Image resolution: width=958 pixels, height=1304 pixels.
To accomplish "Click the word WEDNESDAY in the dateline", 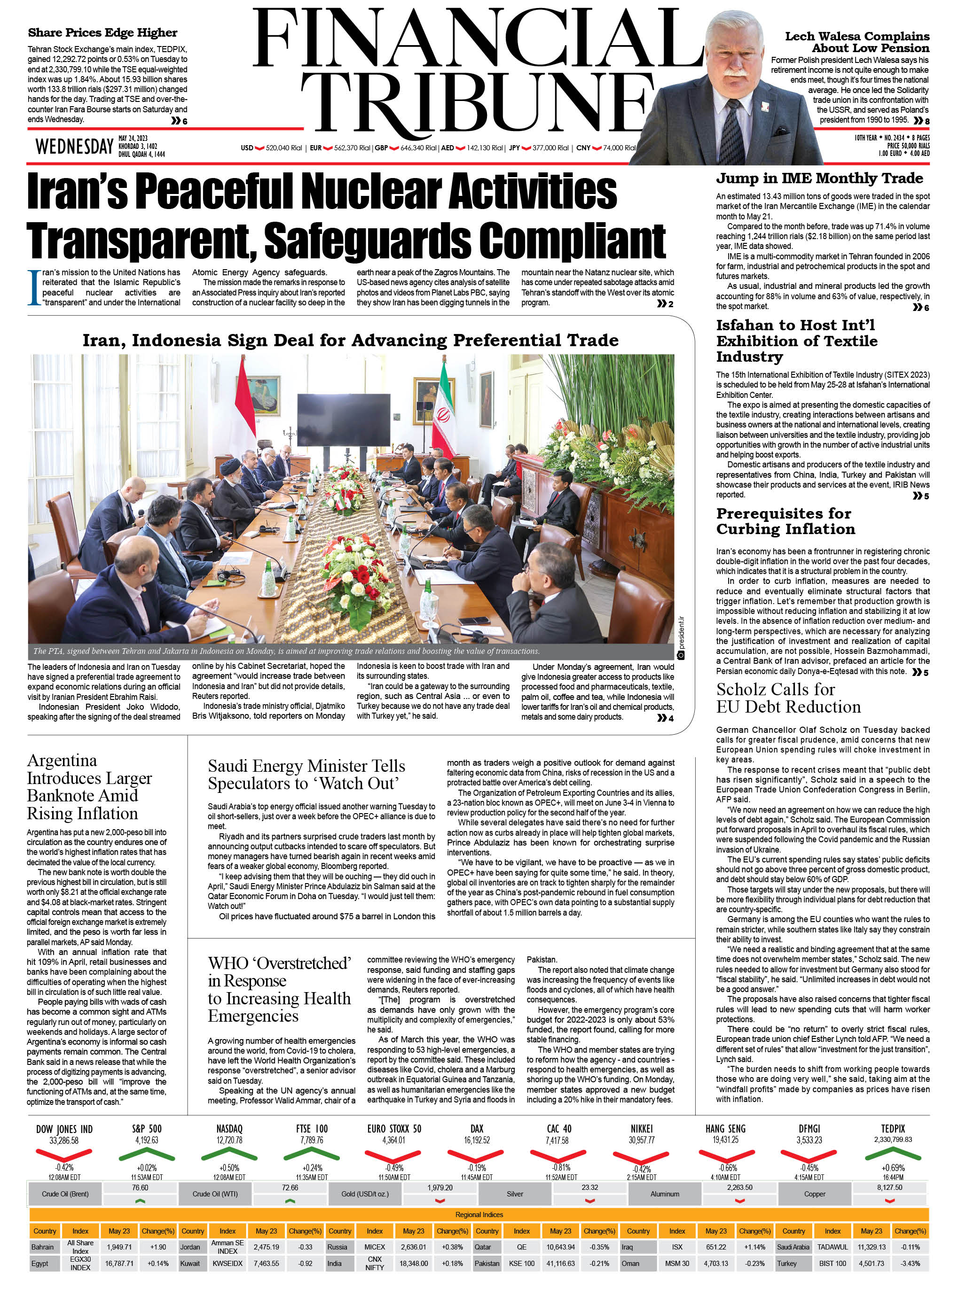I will click(x=74, y=147).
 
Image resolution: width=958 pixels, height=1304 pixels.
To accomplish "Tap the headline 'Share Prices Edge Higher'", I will click(x=102, y=32).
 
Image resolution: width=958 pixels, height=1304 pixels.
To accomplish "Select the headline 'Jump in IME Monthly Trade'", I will click(x=819, y=178).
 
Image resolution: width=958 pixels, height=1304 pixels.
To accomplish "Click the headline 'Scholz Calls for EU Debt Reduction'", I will click(x=788, y=698).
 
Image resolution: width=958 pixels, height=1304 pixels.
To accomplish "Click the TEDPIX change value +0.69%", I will click(x=893, y=1168).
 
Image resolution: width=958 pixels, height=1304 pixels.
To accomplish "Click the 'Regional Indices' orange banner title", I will click(x=479, y=1214).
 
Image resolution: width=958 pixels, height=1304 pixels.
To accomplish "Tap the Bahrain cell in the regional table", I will click(x=42, y=1247).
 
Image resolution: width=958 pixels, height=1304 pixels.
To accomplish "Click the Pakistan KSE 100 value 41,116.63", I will click(x=560, y=1264).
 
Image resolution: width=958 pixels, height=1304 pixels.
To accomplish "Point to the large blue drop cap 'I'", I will click(x=34, y=287).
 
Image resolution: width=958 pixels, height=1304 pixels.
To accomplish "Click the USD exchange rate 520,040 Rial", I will click(x=283, y=148).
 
